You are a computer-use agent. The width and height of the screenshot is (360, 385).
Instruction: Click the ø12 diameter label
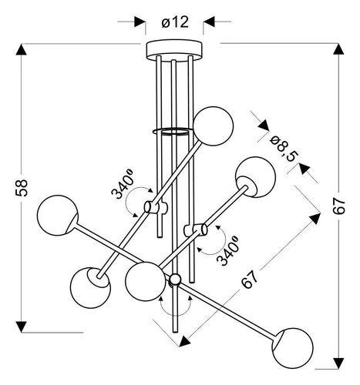(176, 22)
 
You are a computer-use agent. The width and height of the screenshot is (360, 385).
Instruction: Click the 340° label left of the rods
(123, 182)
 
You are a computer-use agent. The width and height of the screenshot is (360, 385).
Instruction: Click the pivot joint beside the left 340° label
(155, 207)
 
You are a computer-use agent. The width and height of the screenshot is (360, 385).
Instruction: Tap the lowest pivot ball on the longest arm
(176, 279)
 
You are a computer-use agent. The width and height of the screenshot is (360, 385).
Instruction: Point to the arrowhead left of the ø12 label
(140, 22)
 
